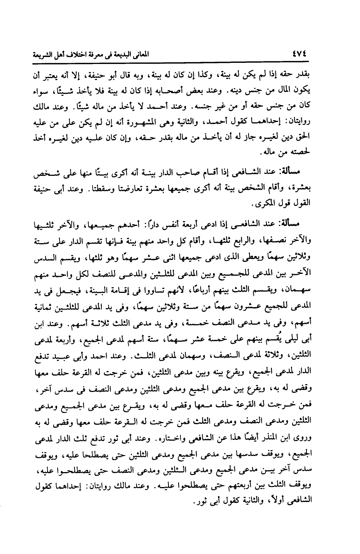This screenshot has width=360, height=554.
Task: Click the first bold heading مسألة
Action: pyautogui.click(x=299, y=171)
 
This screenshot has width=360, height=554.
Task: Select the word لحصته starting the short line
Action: pyautogui.click(x=303, y=153)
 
